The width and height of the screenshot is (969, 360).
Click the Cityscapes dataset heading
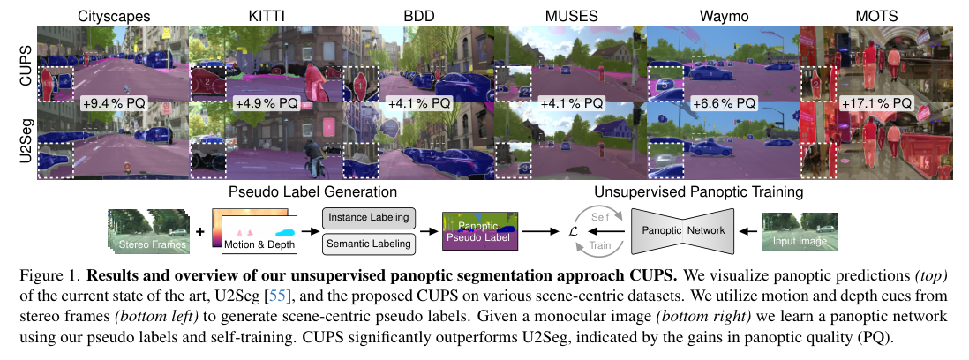tap(114, 17)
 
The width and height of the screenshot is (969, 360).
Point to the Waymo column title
tap(724, 17)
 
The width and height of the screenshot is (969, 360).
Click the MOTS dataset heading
tap(876, 17)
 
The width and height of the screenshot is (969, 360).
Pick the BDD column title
tap(417, 17)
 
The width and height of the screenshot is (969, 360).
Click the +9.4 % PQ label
tap(114, 103)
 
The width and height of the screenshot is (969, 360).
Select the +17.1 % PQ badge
tap(876, 103)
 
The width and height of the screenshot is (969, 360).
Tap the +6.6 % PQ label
tap(724, 103)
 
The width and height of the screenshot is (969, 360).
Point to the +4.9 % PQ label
tap(266, 103)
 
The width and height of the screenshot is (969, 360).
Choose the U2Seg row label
tap(26, 141)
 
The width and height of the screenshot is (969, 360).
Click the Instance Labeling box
tap(369, 218)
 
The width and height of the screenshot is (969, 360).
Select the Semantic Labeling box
tap(369, 244)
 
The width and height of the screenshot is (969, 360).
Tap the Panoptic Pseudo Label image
tap(480, 231)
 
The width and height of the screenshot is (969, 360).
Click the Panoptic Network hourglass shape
tap(681, 231)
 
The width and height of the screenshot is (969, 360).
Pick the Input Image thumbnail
tap(800, 231)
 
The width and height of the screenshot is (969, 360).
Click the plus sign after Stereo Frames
tap(199, 232)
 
